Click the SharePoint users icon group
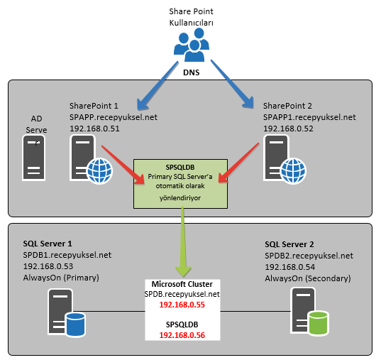coord(192,45)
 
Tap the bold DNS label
coord(192,72)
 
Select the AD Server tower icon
coord(34,158)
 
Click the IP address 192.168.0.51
coord(94,129)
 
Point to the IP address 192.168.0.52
coord(288,129)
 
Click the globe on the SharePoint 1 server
coord(99,170)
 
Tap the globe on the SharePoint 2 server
coord(293,170)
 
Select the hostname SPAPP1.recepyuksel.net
coord(309,117)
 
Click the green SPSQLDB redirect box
coord(180,184)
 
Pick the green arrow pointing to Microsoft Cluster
coord(183,241)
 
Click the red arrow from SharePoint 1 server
coord(123,165)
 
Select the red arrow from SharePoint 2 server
coord(239,163)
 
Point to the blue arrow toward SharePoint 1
coord(158,85)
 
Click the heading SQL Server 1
coord(48,244)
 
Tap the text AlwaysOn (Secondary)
coord(308,278)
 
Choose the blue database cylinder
coord(76,324)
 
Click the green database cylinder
coord(319,322)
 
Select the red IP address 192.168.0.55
coord(182,305)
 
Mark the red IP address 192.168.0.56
coord(182,335)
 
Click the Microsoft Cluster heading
coord(182,284)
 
